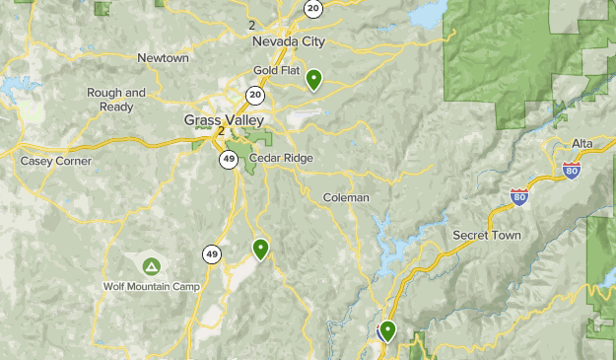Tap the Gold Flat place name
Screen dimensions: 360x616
pos(275,70)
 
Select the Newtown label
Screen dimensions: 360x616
pos(163,58)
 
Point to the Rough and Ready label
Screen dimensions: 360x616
pos(116,100)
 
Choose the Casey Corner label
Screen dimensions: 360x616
pos(56,161)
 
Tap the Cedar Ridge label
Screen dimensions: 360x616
pos(281,158)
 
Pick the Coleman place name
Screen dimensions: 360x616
pos(346,197)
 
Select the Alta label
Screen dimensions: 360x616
pos(582,143)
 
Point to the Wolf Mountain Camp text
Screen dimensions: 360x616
pos(152,287)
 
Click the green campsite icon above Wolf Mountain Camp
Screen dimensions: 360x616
pos(151,266)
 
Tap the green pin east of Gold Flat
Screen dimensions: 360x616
pos(314,79)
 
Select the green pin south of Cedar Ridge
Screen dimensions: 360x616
pos(260,249)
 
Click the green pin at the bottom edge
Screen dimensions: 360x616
pos(387,331)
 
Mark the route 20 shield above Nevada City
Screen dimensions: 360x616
pos(312,8)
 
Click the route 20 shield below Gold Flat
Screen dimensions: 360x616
pos(255,95)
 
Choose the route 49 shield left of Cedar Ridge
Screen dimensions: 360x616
pos(229,160)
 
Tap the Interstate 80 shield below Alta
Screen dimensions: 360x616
pos(572,171)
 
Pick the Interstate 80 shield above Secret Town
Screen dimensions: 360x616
pos(518,197)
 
